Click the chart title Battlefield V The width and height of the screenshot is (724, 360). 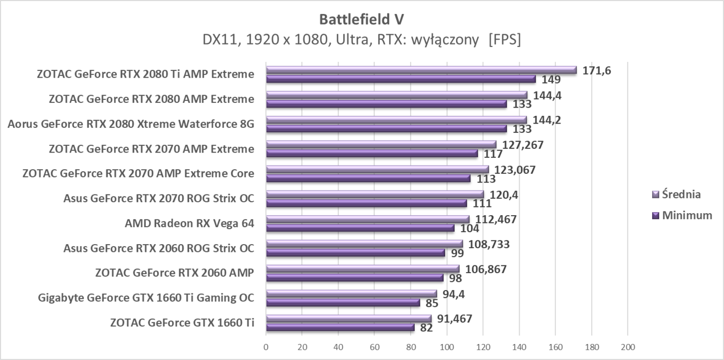tap(361, 19)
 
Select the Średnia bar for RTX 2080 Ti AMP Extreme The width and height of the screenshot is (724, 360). tap(421, 70)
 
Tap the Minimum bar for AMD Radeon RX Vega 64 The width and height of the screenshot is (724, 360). tap(360, 228)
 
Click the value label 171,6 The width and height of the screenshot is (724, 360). tap(597, 70)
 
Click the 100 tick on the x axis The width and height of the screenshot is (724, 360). tap(447, 347)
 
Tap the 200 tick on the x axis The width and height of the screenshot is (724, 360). tap(627, 347)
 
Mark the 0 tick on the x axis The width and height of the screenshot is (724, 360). tap(266, 347)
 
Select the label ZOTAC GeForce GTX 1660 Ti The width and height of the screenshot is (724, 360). tap(182, 323)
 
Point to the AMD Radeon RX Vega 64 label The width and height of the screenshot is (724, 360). tap(189, 223)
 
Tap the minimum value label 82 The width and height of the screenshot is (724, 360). tap(427, 328)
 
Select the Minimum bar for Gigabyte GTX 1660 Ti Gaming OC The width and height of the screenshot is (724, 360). tap(343, 303)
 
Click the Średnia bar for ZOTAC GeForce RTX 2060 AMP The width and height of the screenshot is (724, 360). tap(362, 268)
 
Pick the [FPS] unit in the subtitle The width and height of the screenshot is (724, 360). tap(504, 40)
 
